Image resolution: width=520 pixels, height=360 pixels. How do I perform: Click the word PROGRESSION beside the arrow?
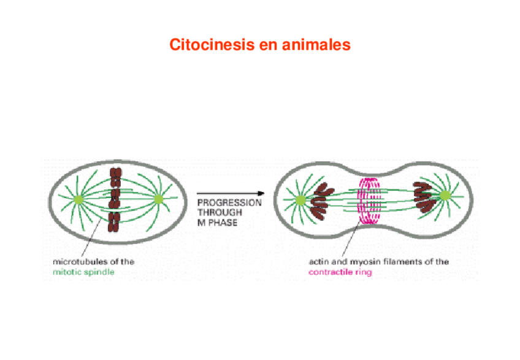tap(230, 201)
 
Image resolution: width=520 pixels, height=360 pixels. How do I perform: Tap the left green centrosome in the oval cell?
tap(78, 199)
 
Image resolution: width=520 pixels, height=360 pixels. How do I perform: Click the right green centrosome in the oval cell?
tap(159, 199)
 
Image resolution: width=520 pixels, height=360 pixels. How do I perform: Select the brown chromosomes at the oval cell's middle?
tap(114, 200)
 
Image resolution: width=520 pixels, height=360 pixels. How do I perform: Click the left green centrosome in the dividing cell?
tap(300, 200)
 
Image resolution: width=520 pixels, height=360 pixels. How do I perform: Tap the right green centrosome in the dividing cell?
tap(444, 195)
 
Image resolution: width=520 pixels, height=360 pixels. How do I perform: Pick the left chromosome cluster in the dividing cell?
tap(322, 203)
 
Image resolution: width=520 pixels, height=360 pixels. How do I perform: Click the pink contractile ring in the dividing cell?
tap(370, 200)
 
